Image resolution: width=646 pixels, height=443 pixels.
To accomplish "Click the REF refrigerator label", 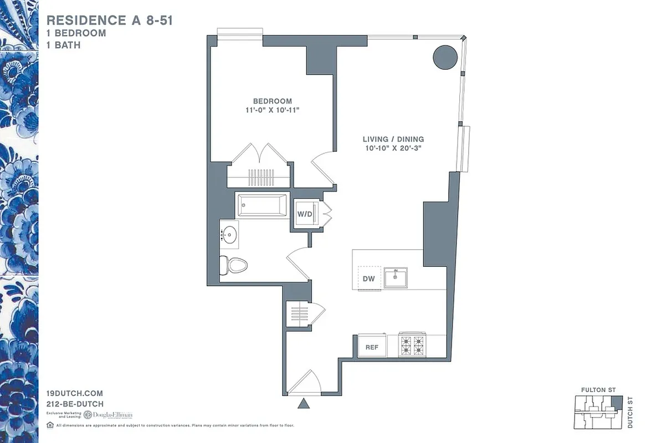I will pyautogui.click(x=372, y=347).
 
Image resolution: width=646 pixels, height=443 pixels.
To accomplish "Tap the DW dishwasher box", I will pyautogui.click(x=368, y=279).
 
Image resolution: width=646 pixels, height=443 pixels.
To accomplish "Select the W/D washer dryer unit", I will pyautogui.click(x=305, y=214).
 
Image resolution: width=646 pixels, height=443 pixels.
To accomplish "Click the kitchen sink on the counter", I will pyautogui.click(x=396, y=277).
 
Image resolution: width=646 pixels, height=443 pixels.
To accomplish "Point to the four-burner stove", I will pyautogui.click(x=412, y=345).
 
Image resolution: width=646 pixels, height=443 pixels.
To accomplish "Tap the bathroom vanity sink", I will pyautogui.click(x=229, y=234).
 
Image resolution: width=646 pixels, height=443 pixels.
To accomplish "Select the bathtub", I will pyautogui.click(x=263, y=205).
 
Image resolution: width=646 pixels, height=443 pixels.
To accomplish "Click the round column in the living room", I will pyautogui.click(x=445, y=56).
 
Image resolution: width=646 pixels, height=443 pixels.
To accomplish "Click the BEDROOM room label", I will pyautogui.click(x=272, y=101).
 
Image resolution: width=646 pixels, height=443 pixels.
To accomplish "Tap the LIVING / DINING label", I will pyautogui.click(x=393, y=139).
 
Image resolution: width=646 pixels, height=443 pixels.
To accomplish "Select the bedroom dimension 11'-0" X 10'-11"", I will pyautogui.click(x=272, y=111).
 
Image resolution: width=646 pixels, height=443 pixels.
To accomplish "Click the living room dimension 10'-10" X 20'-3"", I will pyautogui.click(x=393, y=148).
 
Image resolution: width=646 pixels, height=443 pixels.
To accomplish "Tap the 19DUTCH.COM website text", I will pyautogui.click(x=75, y=393).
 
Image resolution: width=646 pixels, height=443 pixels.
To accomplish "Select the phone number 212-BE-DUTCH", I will pyautogui.click(x=75, y=404).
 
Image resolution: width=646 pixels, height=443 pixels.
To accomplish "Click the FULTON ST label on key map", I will pyautogui.click(x=598, y=390).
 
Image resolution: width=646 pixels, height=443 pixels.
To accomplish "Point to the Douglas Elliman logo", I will pyautogui.click(x=108, y=415).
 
